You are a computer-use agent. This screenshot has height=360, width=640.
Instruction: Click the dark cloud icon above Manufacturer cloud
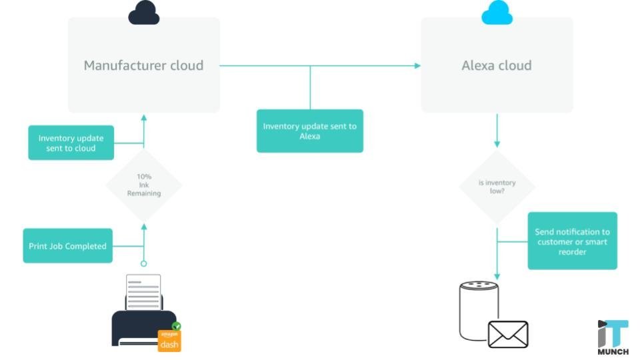tap(144, 13)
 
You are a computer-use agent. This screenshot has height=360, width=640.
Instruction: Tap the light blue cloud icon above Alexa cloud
tap(497, 13)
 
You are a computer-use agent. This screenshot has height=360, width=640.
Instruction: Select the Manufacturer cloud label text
tap(143, 65)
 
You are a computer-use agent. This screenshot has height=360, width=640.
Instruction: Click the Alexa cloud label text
tap(497, 65)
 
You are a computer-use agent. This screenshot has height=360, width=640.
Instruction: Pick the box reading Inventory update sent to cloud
tap(71, 143)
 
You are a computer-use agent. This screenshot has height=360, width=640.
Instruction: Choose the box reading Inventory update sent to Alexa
tap(310, 131)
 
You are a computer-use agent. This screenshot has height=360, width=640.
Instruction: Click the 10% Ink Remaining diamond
tap(144, 185)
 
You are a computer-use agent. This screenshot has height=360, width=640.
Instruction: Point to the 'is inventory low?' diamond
tap(497, 187)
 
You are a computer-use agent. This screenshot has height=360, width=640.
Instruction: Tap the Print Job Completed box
tap(67, 246)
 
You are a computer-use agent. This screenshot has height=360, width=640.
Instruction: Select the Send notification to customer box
tap(572, 241)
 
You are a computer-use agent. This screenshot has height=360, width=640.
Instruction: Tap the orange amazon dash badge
tap(169, 341)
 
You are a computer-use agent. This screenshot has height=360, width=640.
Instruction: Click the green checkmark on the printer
tap(177, 327)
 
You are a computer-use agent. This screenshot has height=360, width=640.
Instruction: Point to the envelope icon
tap(508, 334)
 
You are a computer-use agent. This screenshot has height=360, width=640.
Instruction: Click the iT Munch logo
tap(613, 337)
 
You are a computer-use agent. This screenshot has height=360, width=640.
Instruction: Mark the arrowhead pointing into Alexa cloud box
tap(417, 65)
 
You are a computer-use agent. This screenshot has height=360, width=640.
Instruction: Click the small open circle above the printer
tap(144, 263)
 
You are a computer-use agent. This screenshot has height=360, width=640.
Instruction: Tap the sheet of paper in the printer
tap(143, 292)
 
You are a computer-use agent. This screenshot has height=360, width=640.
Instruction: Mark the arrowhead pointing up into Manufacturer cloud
tap(144, 117)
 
